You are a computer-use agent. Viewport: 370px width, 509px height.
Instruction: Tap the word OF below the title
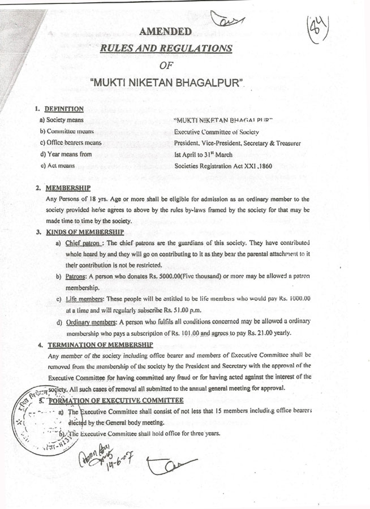coord(166,67)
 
